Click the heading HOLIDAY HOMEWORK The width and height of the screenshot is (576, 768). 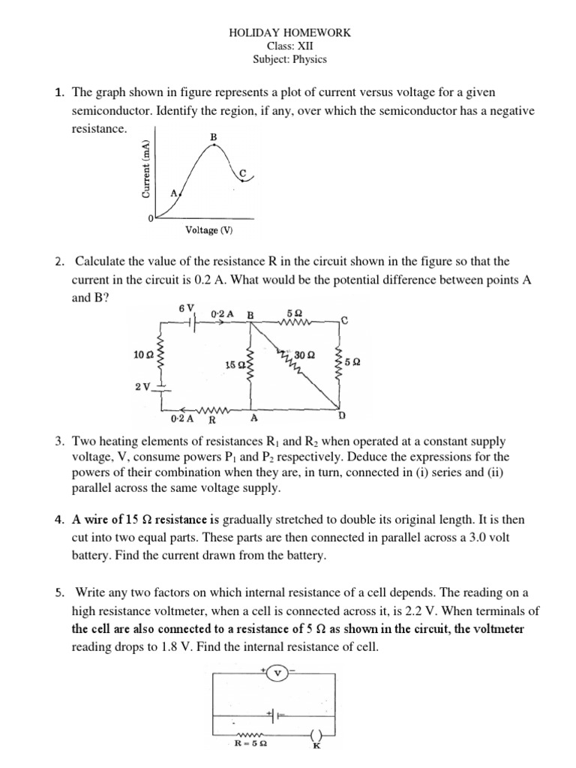pos(289,33)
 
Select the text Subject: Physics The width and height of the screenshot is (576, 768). pos(289,59)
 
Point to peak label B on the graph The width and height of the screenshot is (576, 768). pos(214,136)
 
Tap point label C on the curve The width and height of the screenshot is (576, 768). pos(241,173)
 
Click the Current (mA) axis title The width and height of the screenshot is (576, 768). pos(146,169)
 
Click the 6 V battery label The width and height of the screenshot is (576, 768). pos(187,308)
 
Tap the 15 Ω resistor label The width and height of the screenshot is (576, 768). pos(234,364)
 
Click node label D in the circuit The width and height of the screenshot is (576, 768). pos(343,415)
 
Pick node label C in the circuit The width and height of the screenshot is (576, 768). pos(344,321)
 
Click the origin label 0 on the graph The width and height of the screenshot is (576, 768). pos(150,217)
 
